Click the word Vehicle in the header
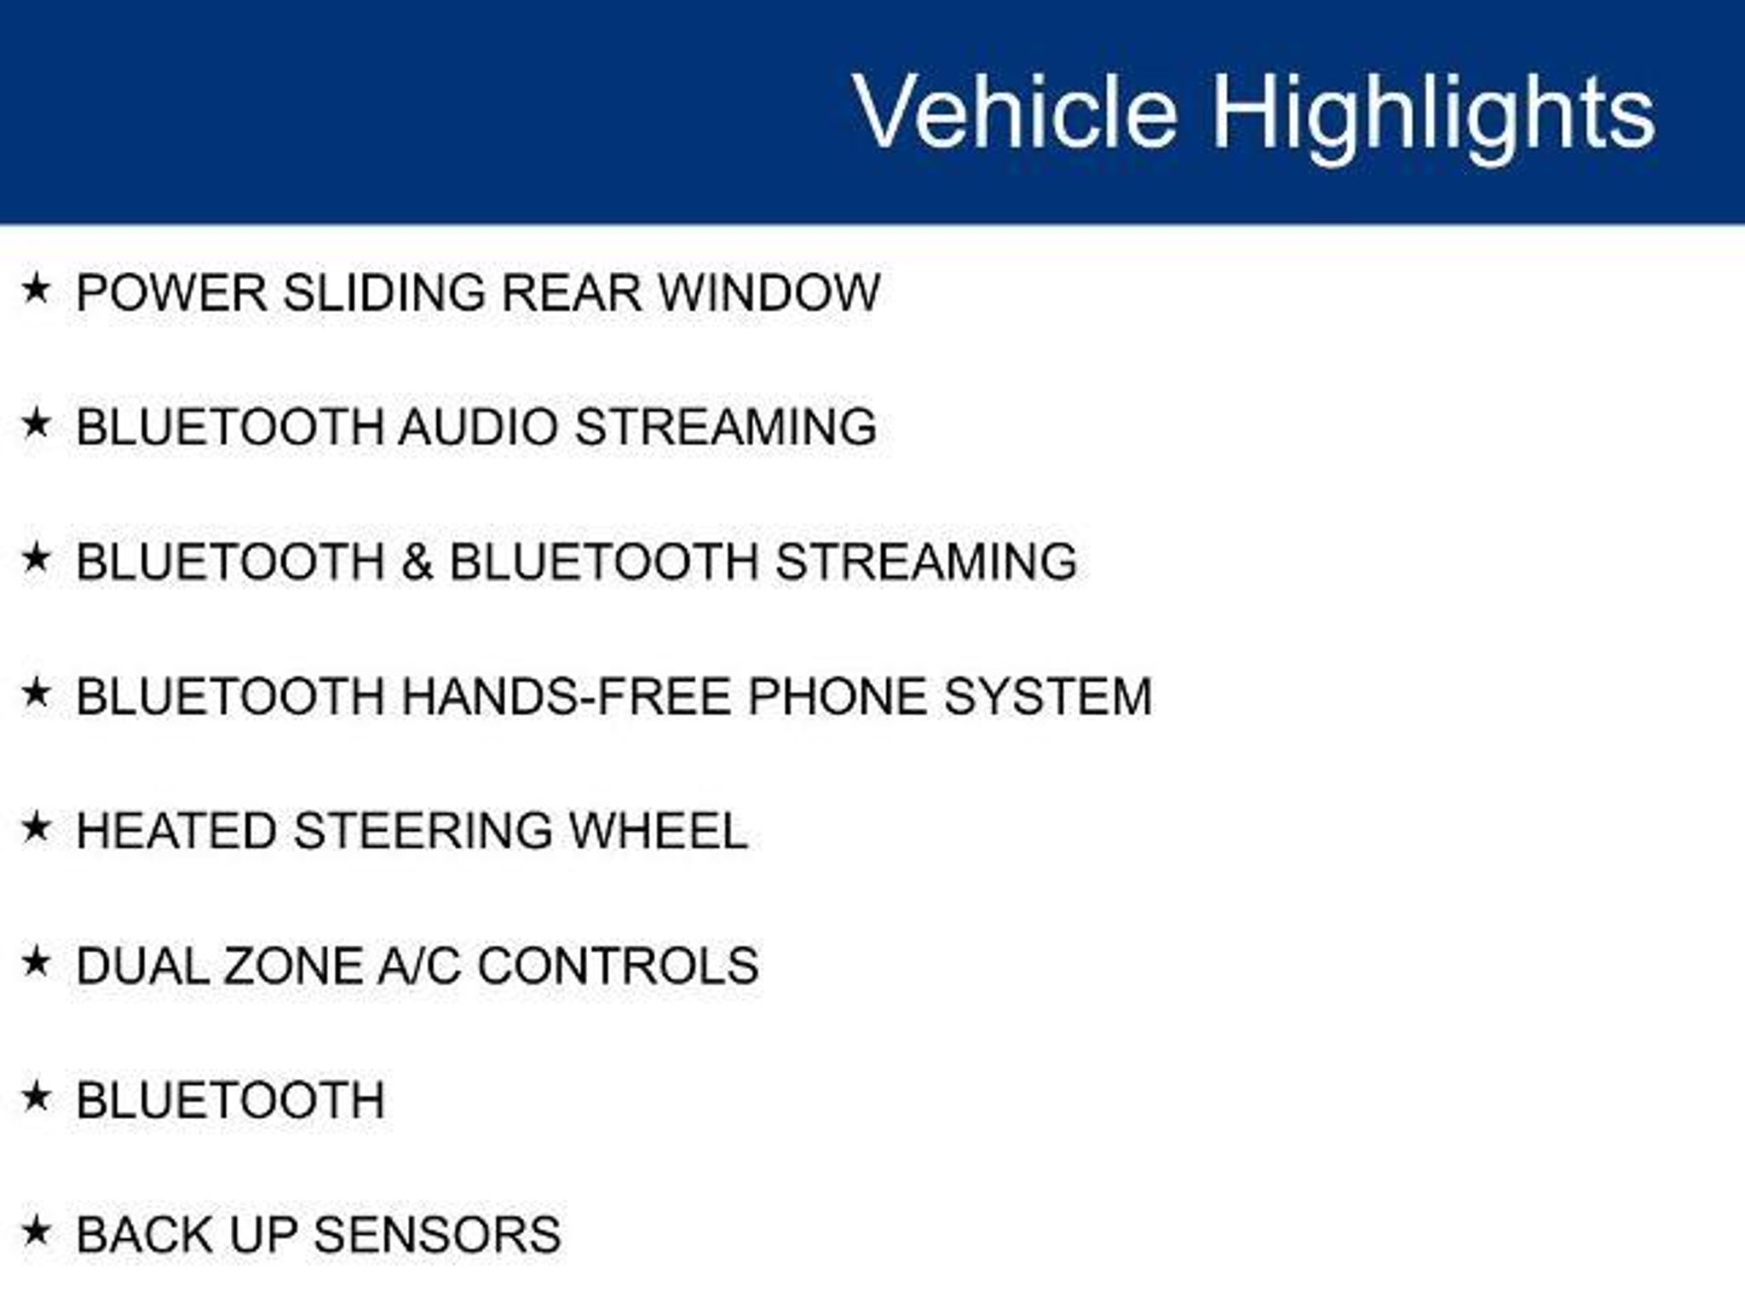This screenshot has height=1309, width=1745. (1015, 112)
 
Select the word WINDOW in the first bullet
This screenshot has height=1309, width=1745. (769, 292)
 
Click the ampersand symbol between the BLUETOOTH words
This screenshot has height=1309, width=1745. (417, 562)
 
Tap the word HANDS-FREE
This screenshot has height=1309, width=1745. (566, 696)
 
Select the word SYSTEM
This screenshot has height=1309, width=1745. (1048, 696)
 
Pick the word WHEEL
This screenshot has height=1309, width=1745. (659, 831)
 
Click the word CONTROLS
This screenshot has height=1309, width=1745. (618, 966)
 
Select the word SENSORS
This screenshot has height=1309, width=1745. (438, 1235)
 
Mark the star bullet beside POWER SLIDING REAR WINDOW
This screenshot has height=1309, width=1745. (36, 288)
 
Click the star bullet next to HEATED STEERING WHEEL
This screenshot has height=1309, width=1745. (36, 827)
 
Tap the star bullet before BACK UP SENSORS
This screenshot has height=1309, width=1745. (36, 1231)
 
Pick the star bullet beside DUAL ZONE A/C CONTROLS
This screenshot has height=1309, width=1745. (36, 961)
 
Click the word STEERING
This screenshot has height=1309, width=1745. (423, 831)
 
